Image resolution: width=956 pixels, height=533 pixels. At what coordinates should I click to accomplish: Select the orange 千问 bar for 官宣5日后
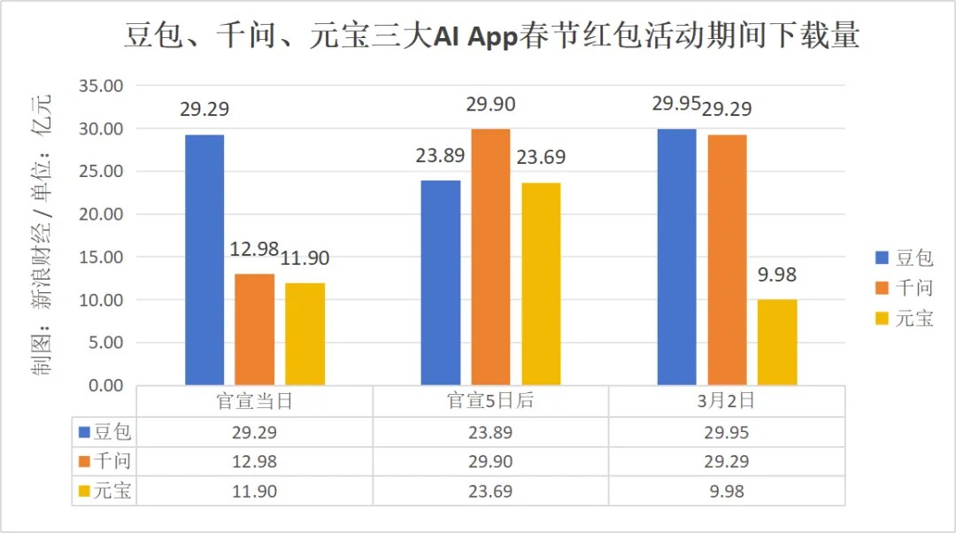[x=490, y=257]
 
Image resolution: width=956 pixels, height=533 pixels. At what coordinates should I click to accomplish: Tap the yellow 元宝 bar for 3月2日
[x=777, y=342]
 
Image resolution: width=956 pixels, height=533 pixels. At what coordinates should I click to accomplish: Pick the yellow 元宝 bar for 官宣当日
[x=305, y=334]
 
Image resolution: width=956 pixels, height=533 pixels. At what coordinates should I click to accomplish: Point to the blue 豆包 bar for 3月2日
[x=676, y=257]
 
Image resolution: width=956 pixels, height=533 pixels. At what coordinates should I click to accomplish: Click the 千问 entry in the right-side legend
[x=903, y=288]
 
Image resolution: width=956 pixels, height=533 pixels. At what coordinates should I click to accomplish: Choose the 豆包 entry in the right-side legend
[x=903, y=258]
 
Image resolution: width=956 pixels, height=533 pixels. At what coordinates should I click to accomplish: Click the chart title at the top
[x=490, y=36]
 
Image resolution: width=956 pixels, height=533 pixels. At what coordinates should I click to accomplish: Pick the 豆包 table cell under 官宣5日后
[x=490, y=433]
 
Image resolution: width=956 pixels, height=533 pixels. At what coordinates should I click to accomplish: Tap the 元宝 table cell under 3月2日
[x=726, y=491]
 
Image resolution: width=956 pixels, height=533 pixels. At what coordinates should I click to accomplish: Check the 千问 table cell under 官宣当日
[x=254, y=462]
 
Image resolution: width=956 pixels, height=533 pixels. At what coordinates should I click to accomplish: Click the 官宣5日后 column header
[x=490, y=401]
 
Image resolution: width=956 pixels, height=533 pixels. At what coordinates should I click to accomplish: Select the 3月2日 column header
[x=726, y=401]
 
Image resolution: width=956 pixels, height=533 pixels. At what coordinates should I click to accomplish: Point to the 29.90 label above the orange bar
[x=490, y=104]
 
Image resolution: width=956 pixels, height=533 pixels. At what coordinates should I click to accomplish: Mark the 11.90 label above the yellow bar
[x=305, y=259]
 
